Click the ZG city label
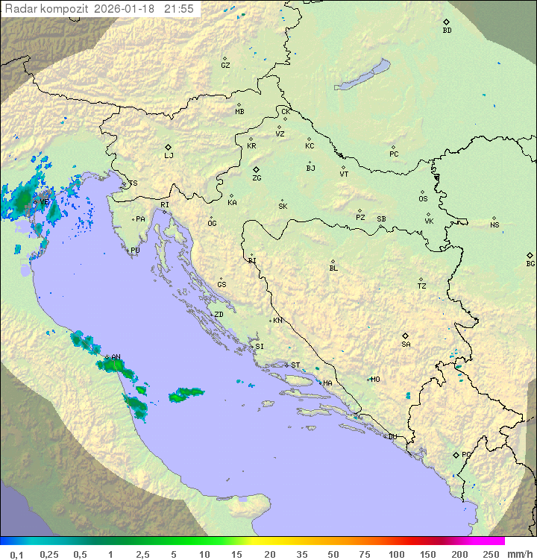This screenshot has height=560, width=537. (257, 178)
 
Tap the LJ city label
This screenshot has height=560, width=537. (169, 156)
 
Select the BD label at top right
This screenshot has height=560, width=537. (447, 31)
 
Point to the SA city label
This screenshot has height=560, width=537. (406, 345)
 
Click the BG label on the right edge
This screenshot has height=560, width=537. (530, 263)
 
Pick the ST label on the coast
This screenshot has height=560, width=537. (295, 365)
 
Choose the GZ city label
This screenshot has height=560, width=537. (225, 66)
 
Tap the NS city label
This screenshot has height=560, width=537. (494, 225)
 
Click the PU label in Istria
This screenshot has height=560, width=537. (135, 251)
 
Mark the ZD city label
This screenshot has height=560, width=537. (219, 315)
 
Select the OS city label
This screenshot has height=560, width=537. (423, 199)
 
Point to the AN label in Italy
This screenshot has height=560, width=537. (116, 357)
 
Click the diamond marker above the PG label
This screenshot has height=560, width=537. (456, 454)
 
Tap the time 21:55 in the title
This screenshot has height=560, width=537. (179, 9)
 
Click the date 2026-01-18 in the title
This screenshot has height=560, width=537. (127, 9)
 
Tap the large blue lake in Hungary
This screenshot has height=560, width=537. (362, 75)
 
